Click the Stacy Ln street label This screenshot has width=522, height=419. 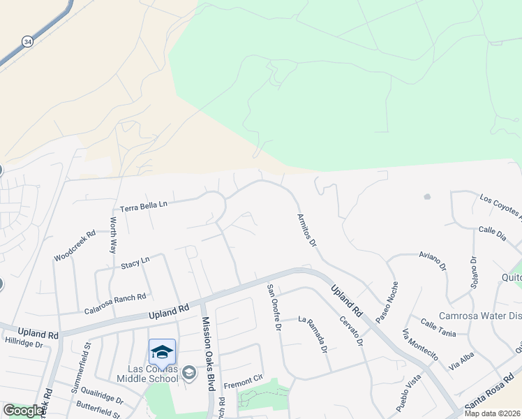[x=135, y=262]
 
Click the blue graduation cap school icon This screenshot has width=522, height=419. [x=162, y=351]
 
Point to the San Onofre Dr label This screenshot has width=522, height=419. [x=274, y=307]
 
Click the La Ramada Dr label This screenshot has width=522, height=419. [x=313, y=335]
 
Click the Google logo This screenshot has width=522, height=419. [x=24, y=410]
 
